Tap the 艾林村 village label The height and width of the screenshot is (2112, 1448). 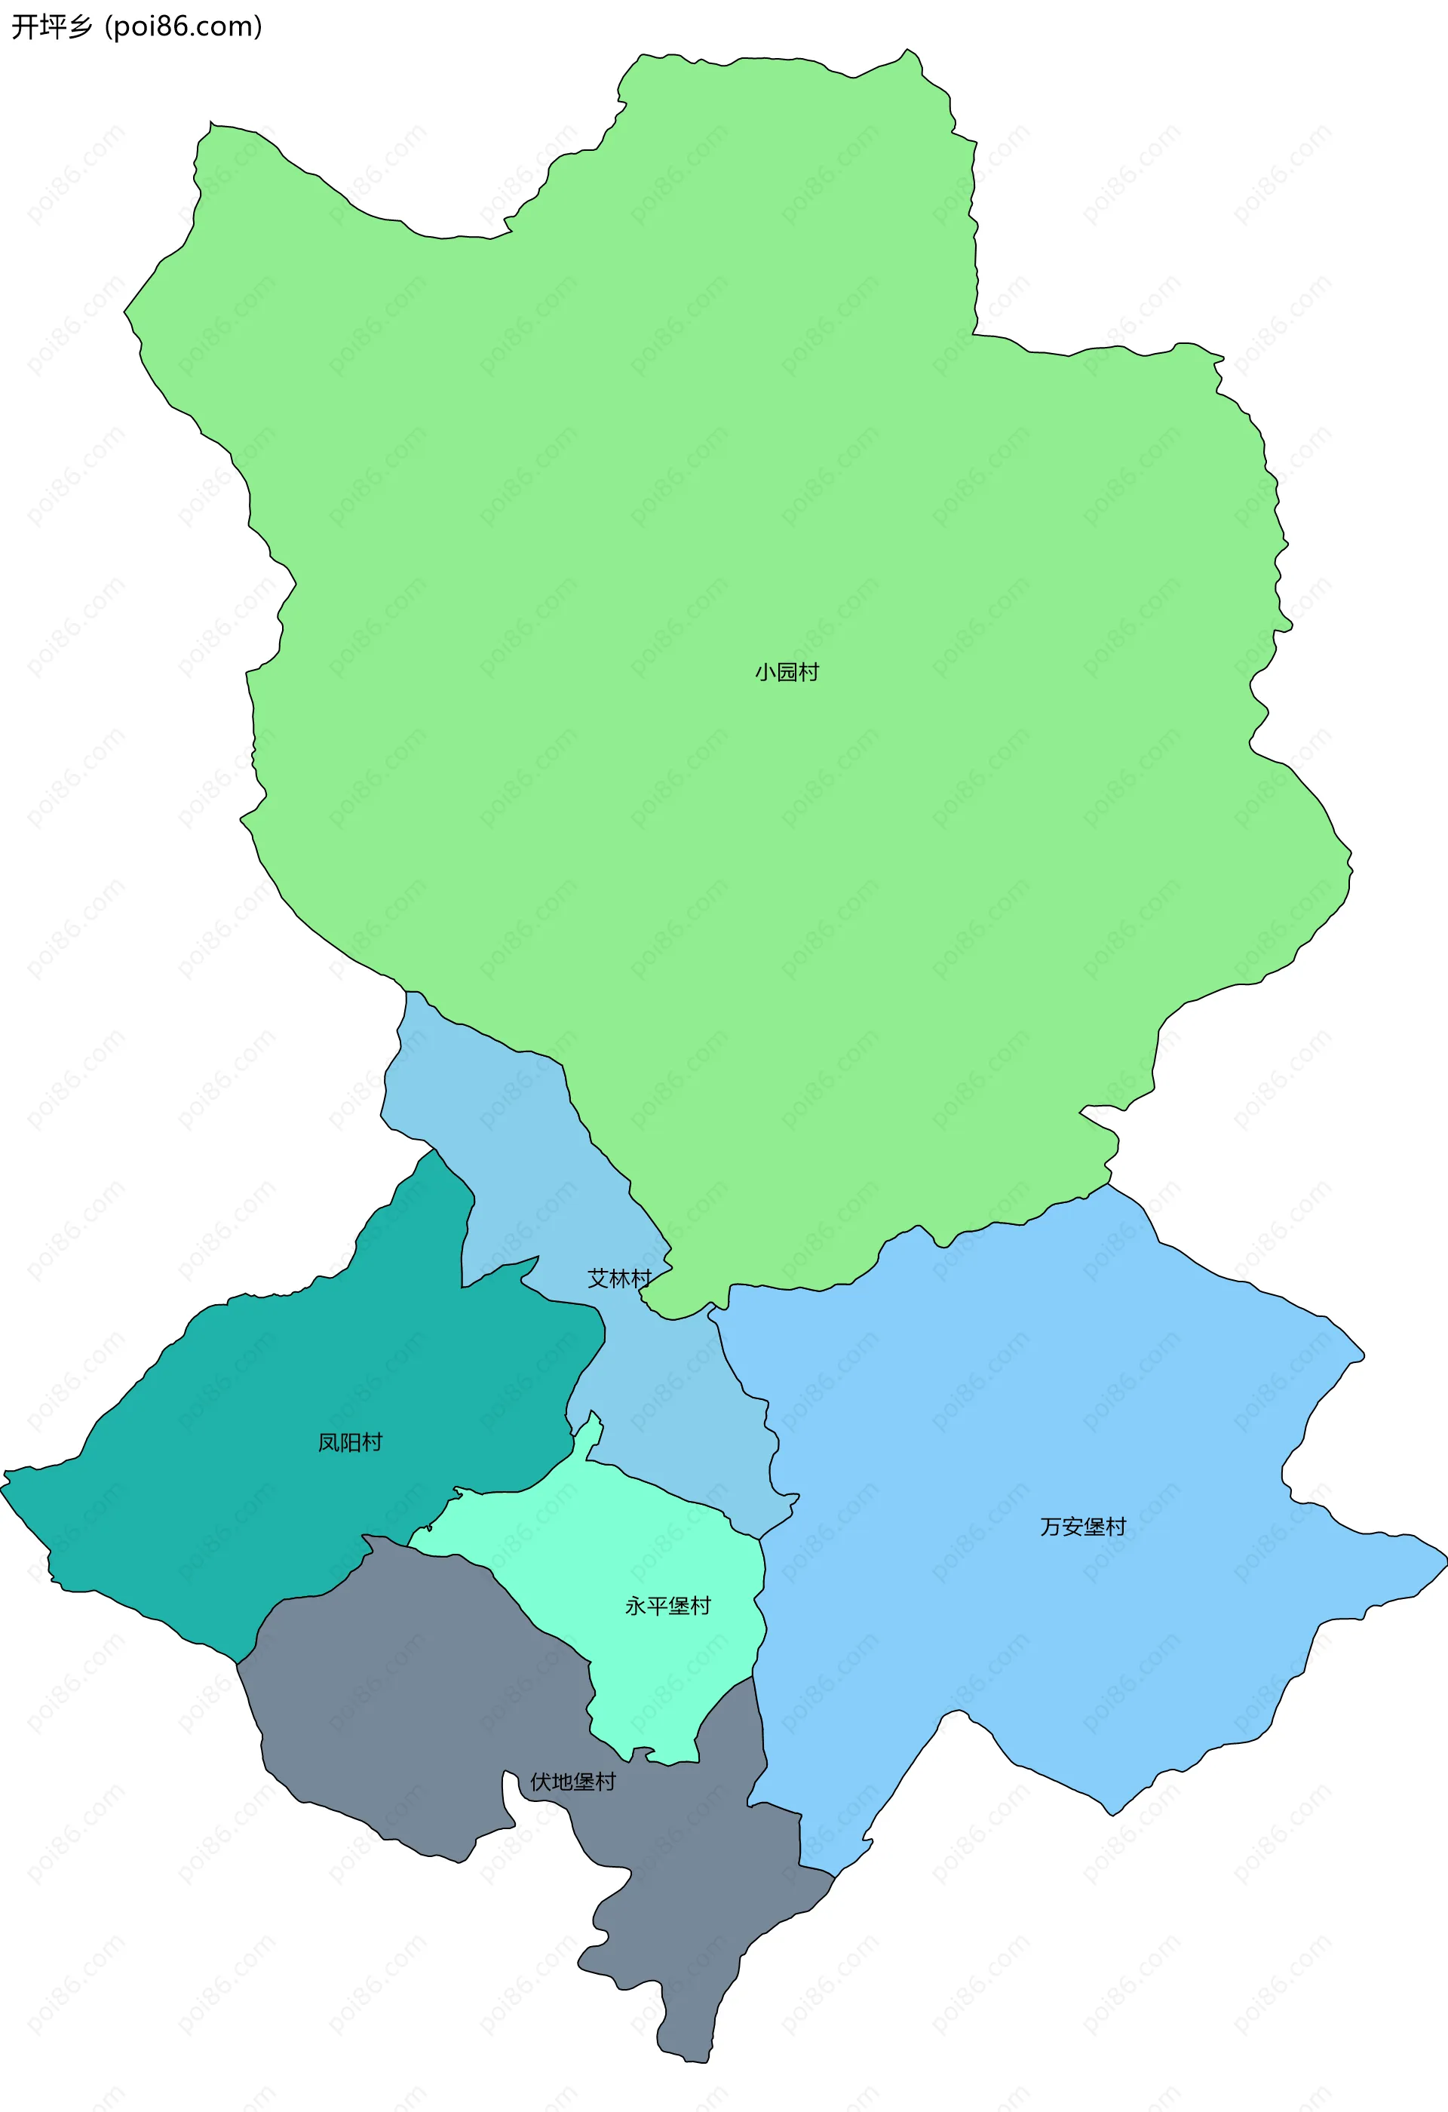click(x=619, y=1279)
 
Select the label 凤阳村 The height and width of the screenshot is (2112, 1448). click(x=350, y=1442)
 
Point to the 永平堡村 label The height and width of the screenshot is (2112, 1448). click(x=667, y=1606)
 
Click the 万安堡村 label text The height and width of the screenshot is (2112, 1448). click(x=1083, y=1527)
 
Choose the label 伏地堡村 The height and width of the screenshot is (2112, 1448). click(x=572, y=1782)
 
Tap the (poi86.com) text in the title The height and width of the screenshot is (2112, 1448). click(x=183, y=26)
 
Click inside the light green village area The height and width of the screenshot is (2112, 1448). click(x=727, y=454)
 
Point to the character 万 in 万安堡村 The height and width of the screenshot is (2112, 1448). click(x=1051, y=1527)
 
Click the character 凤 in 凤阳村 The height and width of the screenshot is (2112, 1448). click(x=329, y=1442)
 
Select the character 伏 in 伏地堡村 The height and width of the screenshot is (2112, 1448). click(x=541, y=1782)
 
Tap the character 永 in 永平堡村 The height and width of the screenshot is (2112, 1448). click(x=636, y=1606)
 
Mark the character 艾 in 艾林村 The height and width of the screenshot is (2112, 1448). click(x=599, y=1279)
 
